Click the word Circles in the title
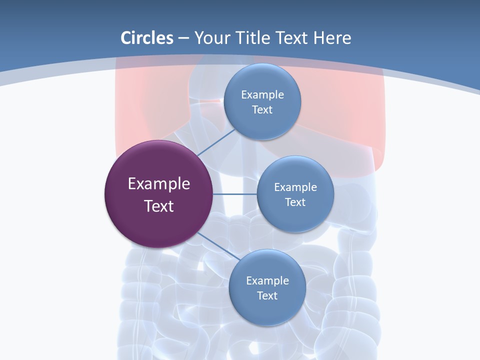pos(147,38)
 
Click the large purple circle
pos(159,220)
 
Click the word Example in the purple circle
pos(159,184)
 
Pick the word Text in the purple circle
pos(159,206)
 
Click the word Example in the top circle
pos(262,94)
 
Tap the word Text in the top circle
pos(262,109)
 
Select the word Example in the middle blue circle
pos(295,187)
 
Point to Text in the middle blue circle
pos(295,202)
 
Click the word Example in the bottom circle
pos(267,280)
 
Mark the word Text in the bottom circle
pos(267,295)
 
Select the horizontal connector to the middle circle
pos(235,194)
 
